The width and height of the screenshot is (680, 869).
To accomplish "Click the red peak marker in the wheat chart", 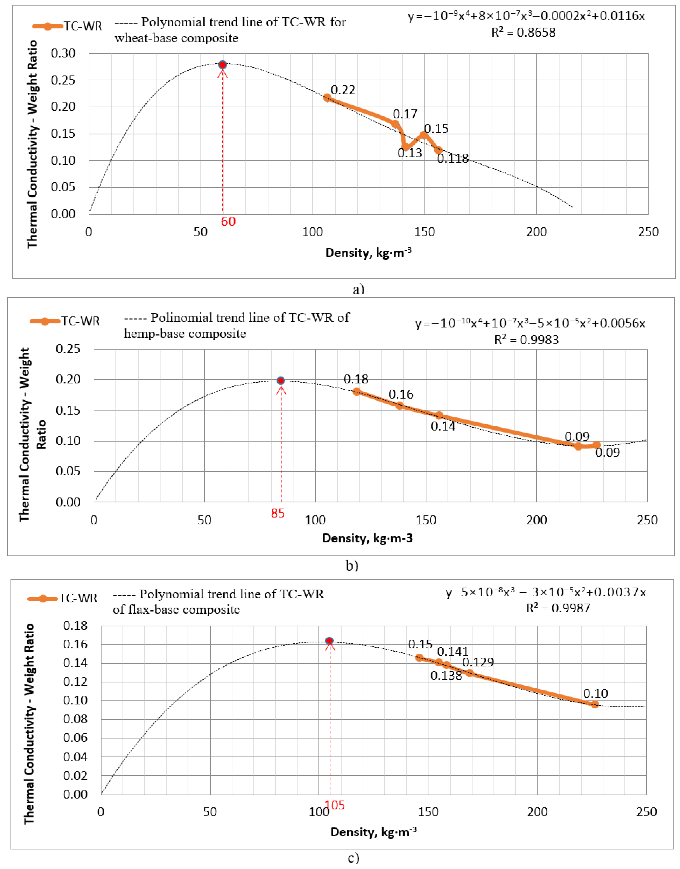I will (222, 65).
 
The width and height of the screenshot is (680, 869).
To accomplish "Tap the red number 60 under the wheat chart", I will (228, 221).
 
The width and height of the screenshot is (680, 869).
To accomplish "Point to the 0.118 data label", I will (453, 159).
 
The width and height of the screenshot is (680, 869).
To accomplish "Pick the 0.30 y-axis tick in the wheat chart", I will (63, 53).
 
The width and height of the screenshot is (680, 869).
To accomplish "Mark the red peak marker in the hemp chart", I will (281, 380).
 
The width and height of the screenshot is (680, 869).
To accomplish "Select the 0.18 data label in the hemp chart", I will (356, 379).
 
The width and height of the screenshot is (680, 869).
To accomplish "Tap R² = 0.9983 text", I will (526, 340).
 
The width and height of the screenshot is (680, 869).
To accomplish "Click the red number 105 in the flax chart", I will (335, 805).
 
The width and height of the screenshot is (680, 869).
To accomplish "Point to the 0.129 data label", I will (478, 662).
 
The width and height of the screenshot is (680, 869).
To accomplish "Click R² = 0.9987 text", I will (558, 608).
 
